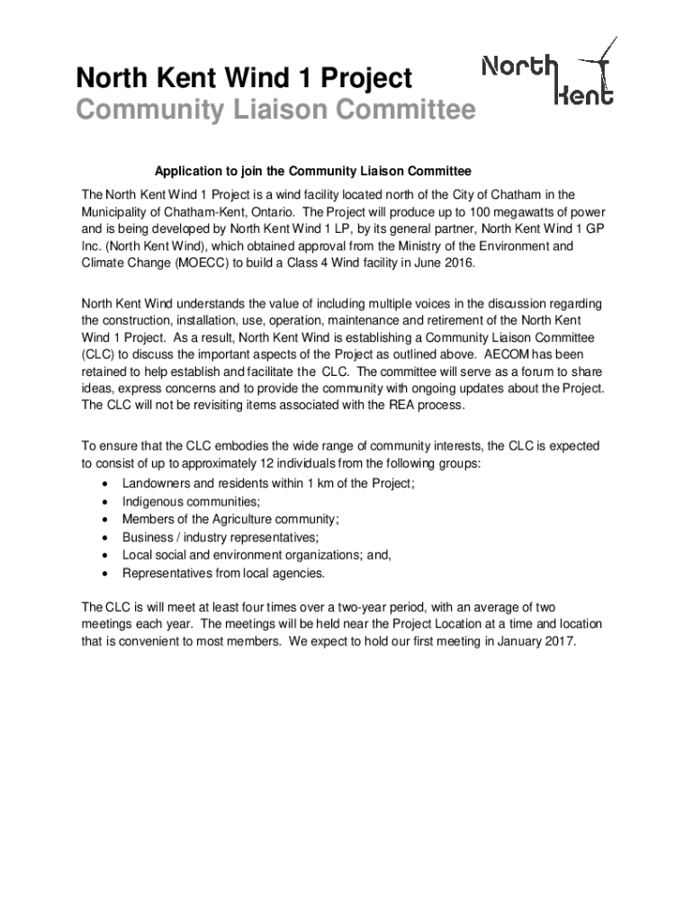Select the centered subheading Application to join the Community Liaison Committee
tap(313, 170)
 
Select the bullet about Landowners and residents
tap(268, 483)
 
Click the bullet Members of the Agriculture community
tap(230, 519)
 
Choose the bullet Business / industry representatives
tap(220, 537)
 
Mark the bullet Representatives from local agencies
tap(223, 573)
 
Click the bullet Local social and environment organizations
tap(256, 555)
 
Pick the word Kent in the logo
tap(586, 94)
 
